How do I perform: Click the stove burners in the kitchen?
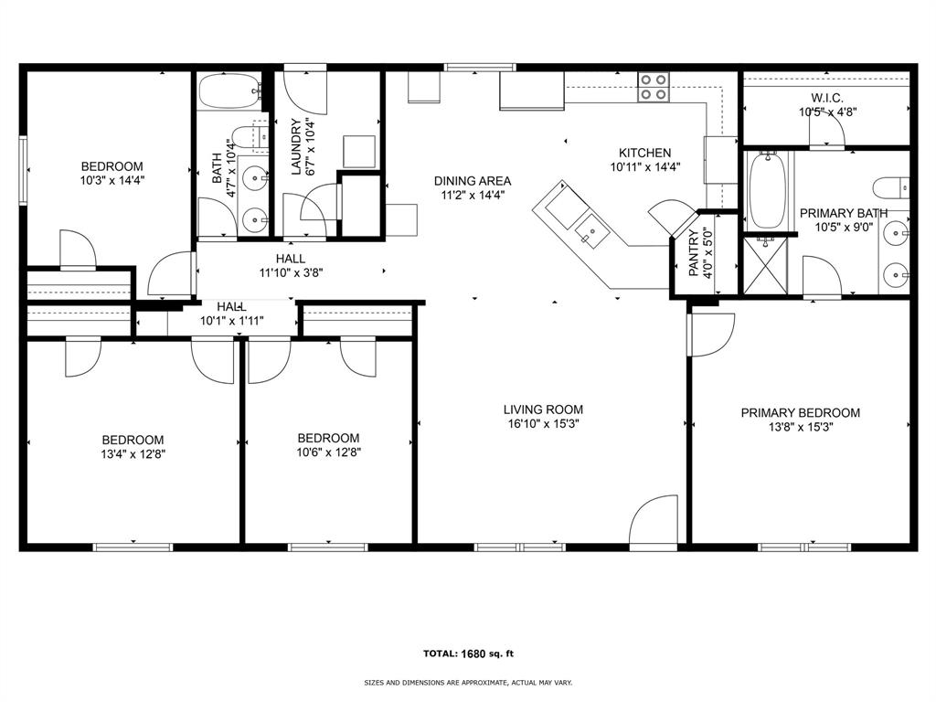[653, 86]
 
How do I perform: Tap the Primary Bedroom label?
[800, 412]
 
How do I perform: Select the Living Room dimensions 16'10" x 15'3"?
[543, 424]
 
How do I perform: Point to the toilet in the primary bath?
[891, 189]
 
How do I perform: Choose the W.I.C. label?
[826, 98]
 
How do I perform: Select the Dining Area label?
[472, 180]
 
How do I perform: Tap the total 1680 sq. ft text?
[468, 654]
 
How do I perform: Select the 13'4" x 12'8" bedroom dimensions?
[133, 453]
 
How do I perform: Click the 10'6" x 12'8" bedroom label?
[328, 438]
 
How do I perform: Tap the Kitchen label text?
[644, 153]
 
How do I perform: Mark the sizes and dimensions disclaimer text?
[468, 683]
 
